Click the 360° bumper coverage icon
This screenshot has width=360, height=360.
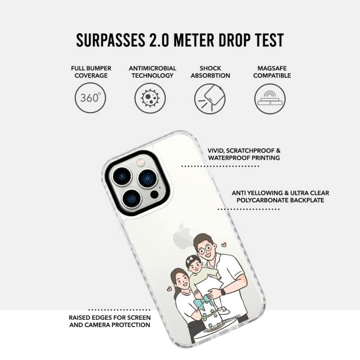point(90,98)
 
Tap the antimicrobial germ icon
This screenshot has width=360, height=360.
point(150,98)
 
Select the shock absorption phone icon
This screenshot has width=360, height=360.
point(210,99)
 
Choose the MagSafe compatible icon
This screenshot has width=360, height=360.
point(270,99)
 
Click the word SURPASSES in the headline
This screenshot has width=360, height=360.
point(110,40)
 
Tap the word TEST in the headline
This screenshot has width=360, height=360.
point(270,40)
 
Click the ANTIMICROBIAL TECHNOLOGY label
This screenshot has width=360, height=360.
point(153,72)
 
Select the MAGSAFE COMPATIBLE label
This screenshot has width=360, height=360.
point(272,72)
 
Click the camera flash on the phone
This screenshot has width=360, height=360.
point(140,163)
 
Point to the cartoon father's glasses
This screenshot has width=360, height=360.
point(205,249)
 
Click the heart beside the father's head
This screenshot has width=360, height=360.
point(224,245)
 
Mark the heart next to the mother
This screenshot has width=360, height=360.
point(169,288)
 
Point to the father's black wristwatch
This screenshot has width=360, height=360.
point(223,292)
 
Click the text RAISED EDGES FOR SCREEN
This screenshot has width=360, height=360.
point(110,318)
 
